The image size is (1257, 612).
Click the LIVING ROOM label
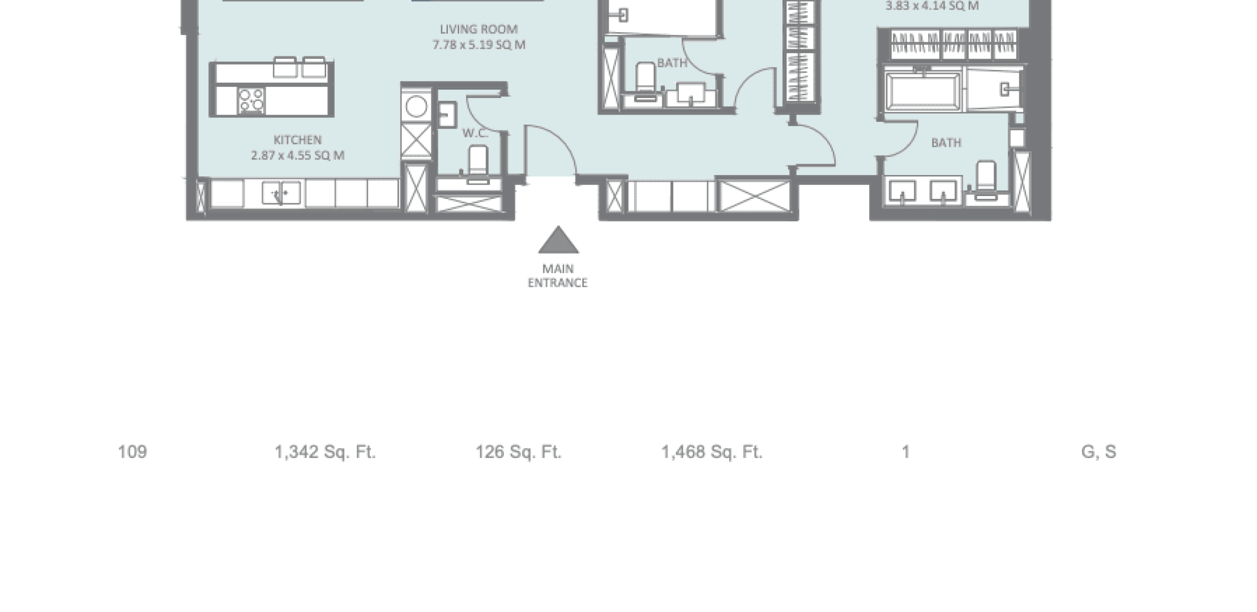(478, 29)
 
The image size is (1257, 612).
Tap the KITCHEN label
(298, 140)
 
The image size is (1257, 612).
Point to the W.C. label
(474, 133)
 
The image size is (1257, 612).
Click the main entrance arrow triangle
(558, 240)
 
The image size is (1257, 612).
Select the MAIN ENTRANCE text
(558, 276)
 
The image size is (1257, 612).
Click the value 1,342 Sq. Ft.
(325, 452)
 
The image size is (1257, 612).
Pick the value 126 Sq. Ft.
(518, 452)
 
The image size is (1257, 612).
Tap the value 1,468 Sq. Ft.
(712, 452)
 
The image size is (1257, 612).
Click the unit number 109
(132, 452)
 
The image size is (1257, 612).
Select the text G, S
(1098, 452)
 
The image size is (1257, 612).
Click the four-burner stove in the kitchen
(251, 101)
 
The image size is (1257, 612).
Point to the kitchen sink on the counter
(281, 193)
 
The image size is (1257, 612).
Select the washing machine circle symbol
(416, 107)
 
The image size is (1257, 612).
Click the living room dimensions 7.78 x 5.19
(479, 45)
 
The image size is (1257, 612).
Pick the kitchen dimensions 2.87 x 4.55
(298, 155)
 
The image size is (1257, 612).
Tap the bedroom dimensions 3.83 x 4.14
(932, 6)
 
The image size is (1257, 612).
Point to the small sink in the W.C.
(447, 115)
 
